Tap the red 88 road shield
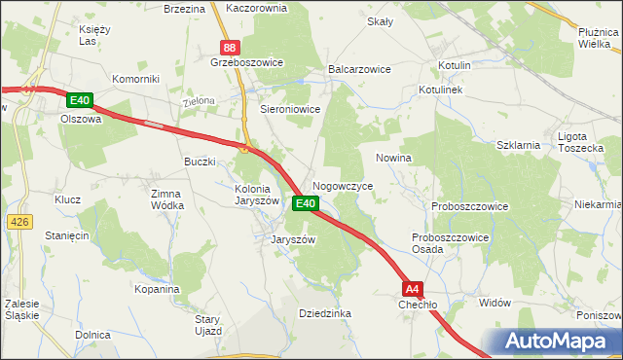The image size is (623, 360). tap(229, 47)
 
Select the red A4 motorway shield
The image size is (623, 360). tap(413, 289)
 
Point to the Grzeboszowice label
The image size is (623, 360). tap(246, 62)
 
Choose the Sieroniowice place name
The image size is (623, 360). tap(289, 110)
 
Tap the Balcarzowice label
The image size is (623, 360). tap(360, 70)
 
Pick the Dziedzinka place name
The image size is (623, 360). tap(325, 313)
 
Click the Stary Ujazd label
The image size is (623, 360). tap(209, 325)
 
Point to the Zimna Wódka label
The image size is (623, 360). tap(166, 199)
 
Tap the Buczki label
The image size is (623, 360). tap(200, 162)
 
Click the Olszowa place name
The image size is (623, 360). tap(81, 119)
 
